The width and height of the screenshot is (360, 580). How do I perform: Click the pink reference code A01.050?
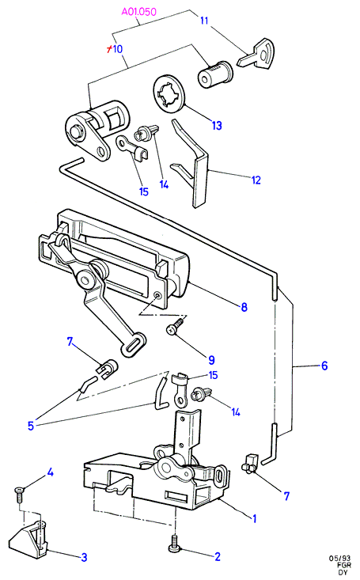tap(138, 12)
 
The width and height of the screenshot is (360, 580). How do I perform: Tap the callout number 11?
tap(204, 21)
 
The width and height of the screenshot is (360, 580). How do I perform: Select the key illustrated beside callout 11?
tap(257, 54)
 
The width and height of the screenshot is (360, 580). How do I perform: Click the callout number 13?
tap(217, 125)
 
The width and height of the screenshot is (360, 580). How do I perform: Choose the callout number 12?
tap(256, 180)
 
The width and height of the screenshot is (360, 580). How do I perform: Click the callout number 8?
tap(244, 307)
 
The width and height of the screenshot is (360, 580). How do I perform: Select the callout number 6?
tap(324, 366)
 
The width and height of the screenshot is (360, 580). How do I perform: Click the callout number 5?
tap(31, 426)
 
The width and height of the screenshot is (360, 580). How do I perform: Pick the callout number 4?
tap(51, 472)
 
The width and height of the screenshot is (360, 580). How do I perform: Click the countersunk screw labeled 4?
tap(18, 494)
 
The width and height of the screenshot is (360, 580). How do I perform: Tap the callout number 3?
tap(84, 557)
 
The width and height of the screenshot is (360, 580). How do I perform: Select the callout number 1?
tap(254, 518)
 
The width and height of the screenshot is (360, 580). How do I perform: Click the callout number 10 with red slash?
tap(115, 49)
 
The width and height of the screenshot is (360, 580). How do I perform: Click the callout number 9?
tap(211, 360)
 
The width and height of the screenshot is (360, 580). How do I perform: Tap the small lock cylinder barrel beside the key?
tap(215, 74)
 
